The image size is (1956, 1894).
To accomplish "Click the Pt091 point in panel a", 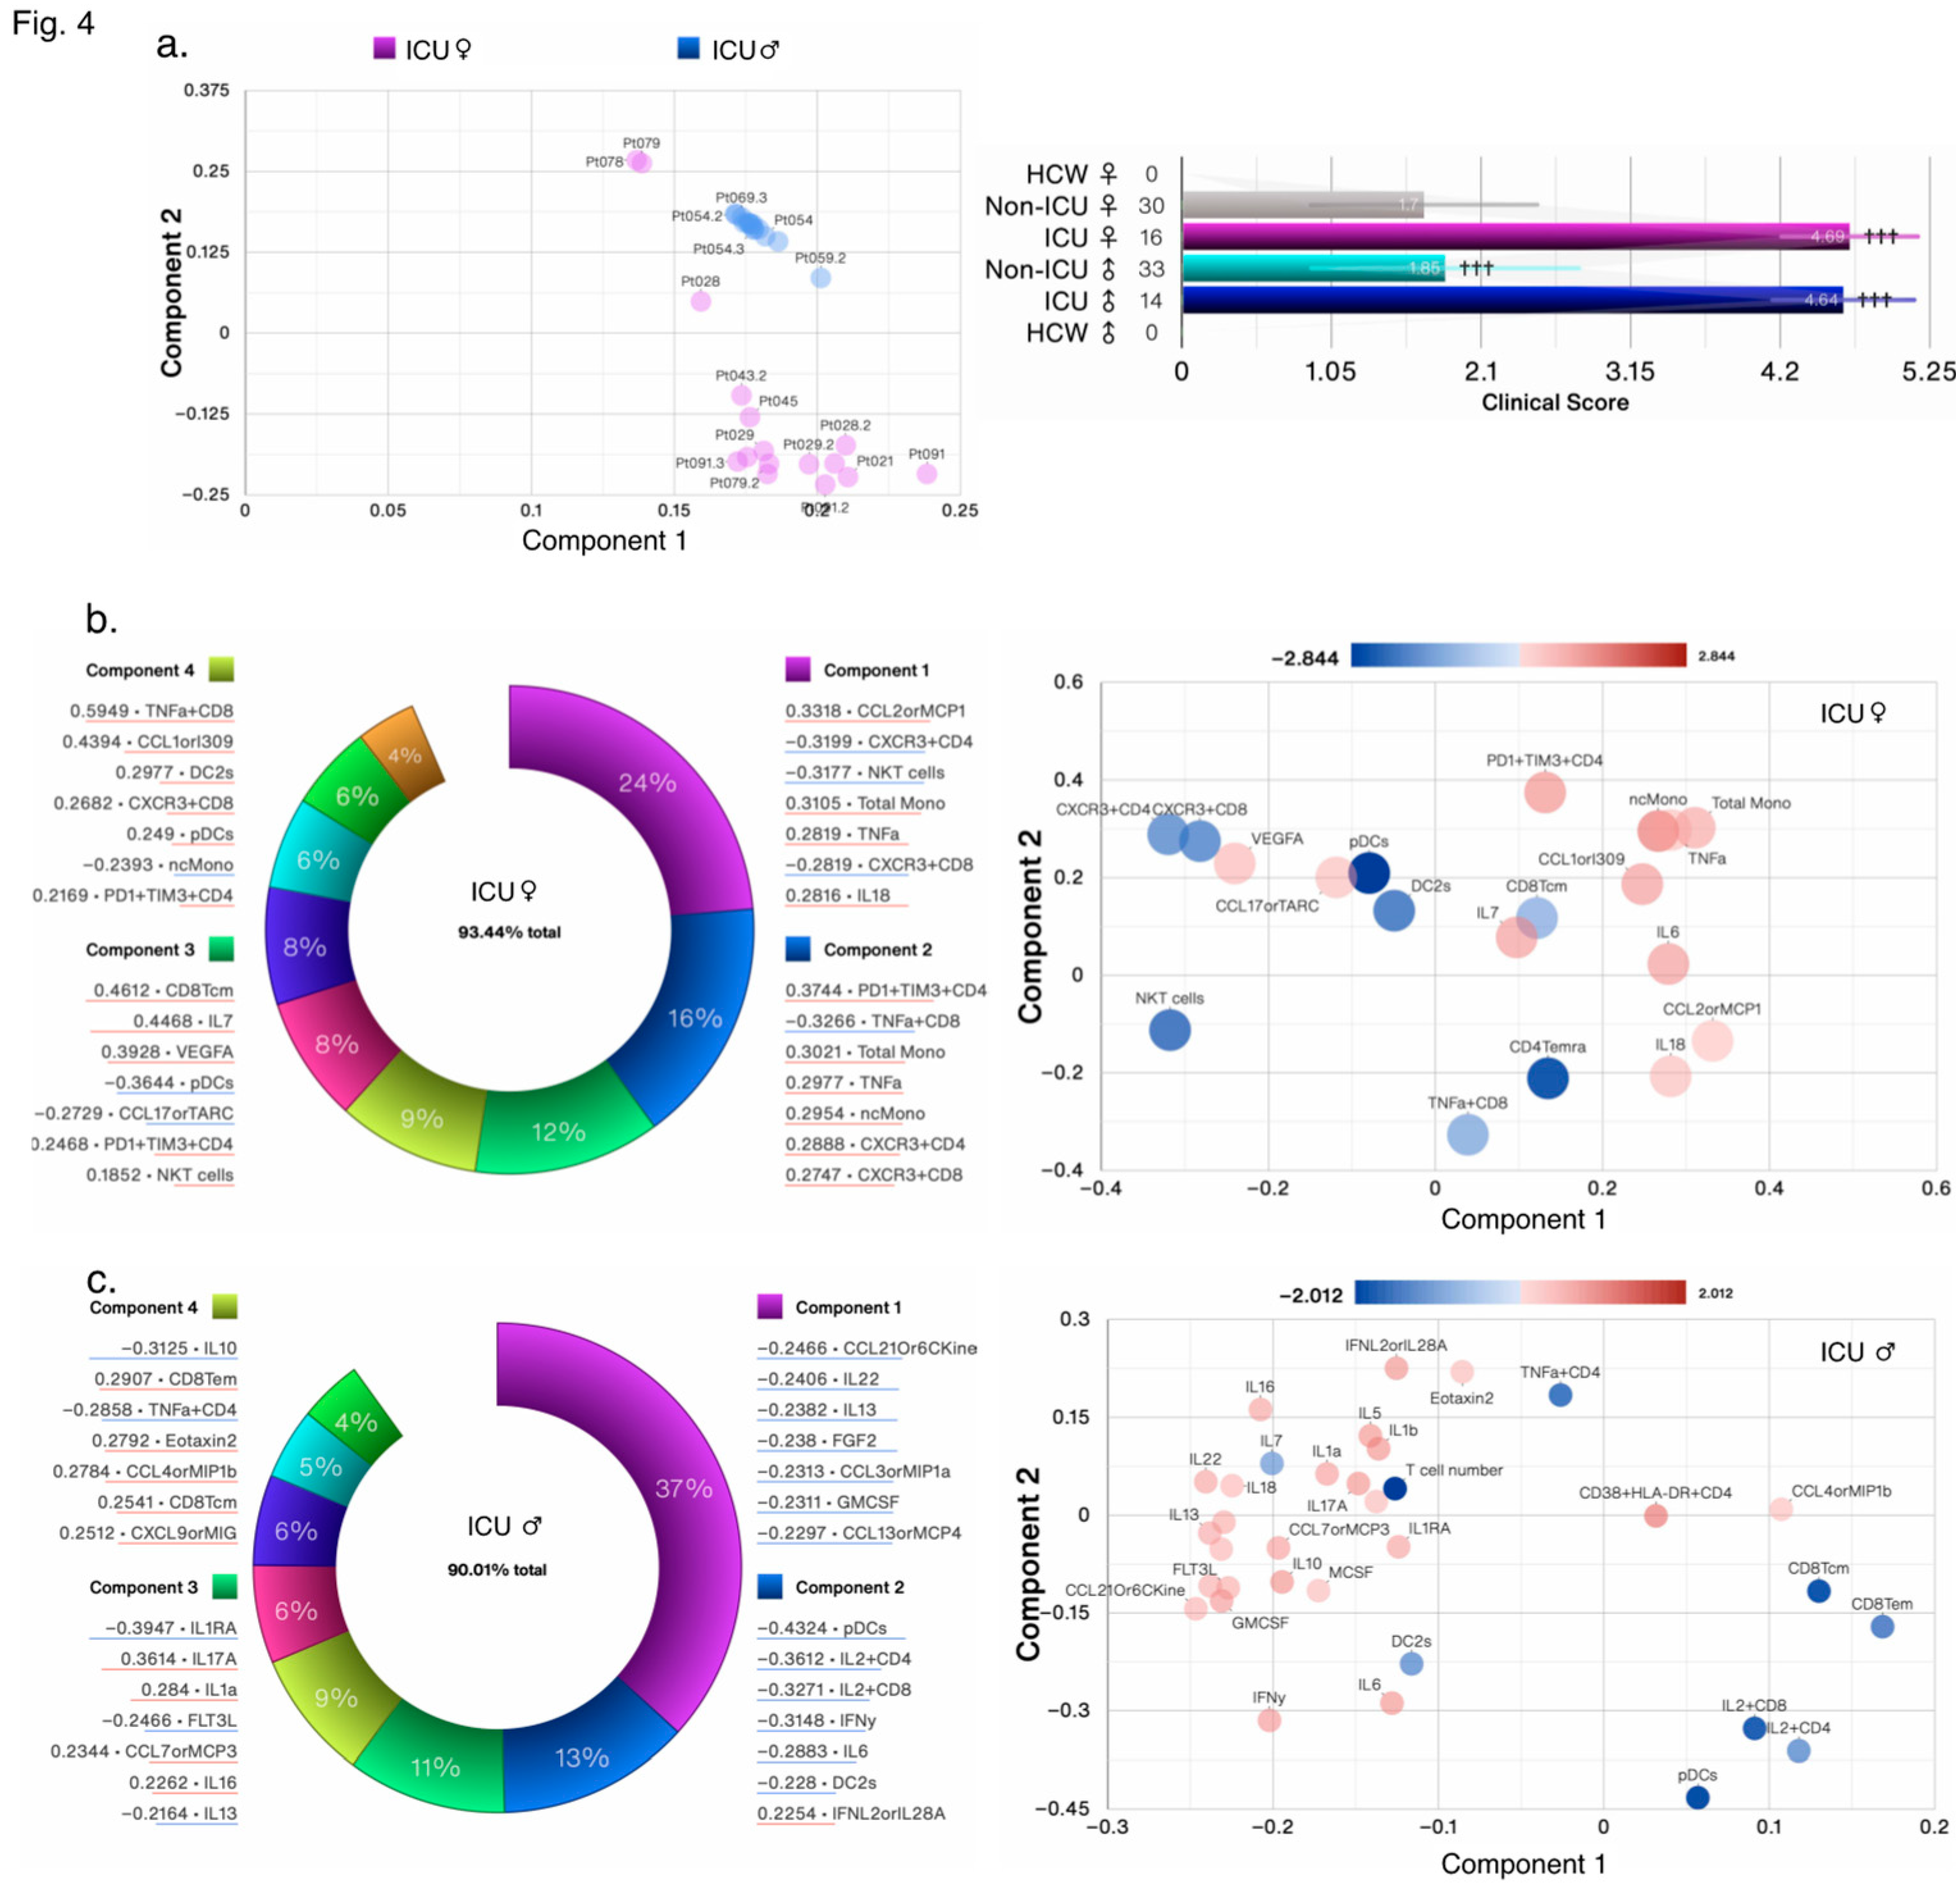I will [926, 473].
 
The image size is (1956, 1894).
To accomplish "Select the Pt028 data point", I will [700, 300].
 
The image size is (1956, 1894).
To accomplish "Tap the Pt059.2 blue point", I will [820, 277].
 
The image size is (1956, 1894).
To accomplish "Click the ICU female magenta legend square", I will [384, 48].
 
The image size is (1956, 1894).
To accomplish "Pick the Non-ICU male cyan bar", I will [1313, 268].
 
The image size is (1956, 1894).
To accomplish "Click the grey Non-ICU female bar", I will [1302, 205].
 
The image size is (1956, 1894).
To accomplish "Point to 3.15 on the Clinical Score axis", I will [1629, 371].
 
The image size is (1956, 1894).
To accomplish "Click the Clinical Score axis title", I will [1554, 402].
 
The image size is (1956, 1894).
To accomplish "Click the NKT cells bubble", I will [1168, 1029].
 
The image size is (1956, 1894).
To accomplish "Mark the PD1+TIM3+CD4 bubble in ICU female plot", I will [1544, 792].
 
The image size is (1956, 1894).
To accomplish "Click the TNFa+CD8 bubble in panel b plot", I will [1466, 1134].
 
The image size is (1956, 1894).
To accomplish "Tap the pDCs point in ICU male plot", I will [1697, 1797].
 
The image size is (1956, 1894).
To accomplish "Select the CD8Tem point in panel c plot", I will [1881, 1626].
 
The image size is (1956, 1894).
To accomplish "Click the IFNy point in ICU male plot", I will [1268, 1719].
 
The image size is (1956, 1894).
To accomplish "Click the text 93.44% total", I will [509, 931].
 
